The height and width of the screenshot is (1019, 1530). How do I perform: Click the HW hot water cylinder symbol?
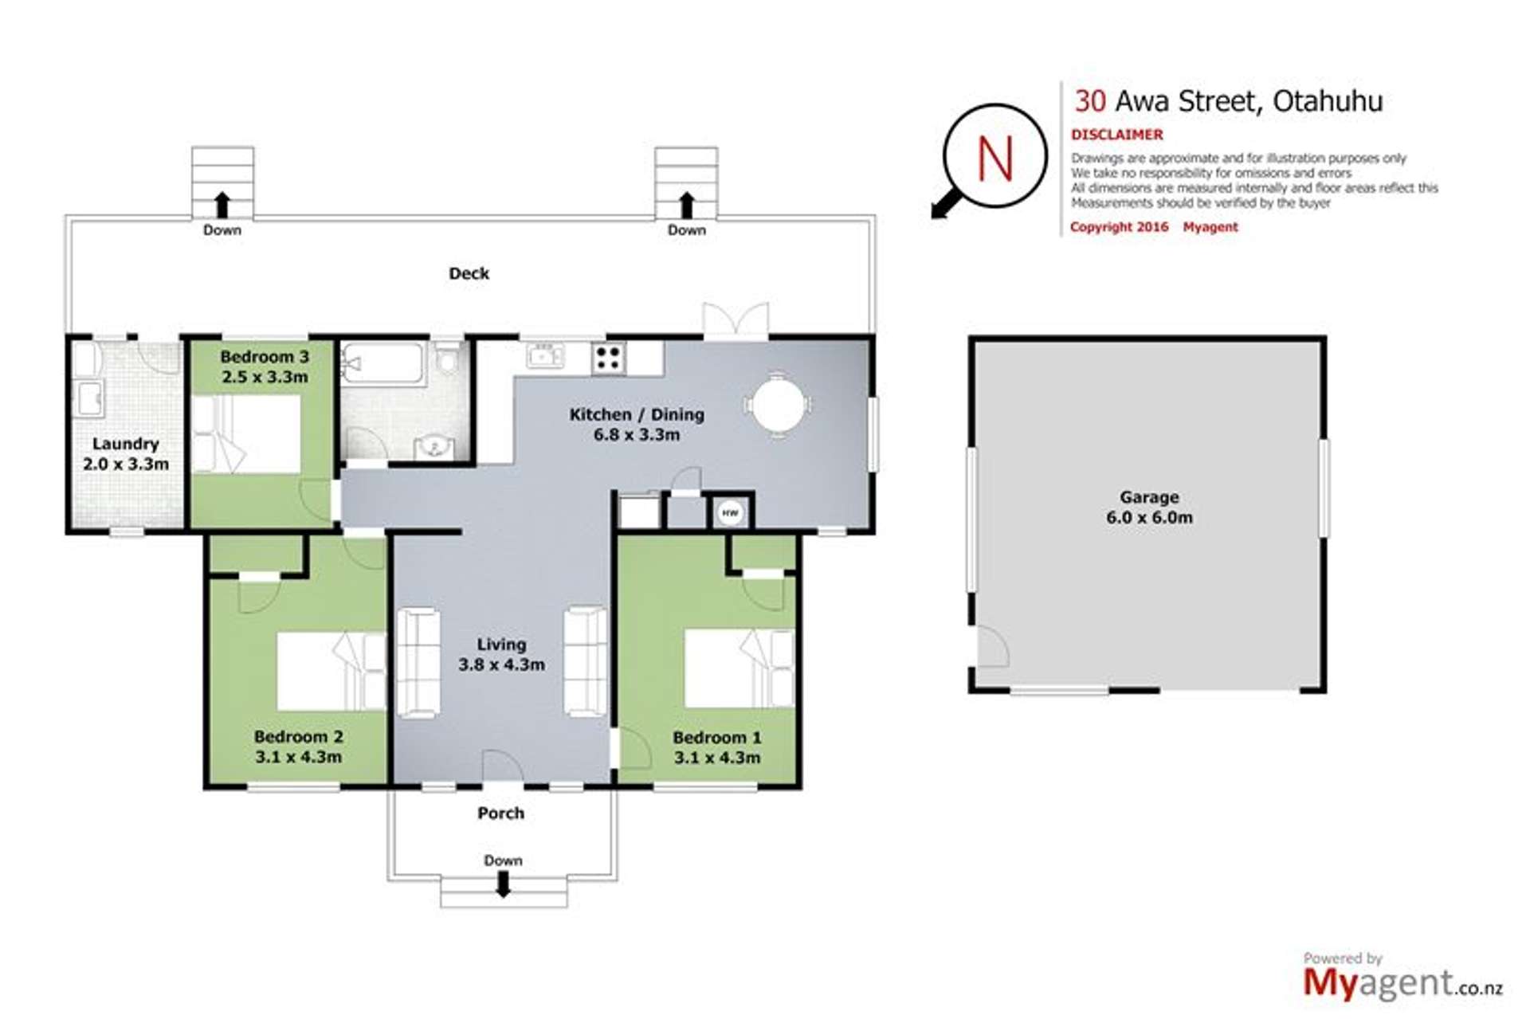click(730, 513)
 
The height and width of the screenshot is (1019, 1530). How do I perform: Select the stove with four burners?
click(609, 358)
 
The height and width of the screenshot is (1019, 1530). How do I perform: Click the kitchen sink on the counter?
click(545, 356)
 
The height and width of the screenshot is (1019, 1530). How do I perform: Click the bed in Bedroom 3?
click(246, 434)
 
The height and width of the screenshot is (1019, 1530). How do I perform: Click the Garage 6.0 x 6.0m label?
click(1148, 508)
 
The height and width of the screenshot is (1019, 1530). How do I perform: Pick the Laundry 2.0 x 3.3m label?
click(126, 454)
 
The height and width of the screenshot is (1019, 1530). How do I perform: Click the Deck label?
click(469, 273)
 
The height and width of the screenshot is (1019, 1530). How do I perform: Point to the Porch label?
click(500, 813)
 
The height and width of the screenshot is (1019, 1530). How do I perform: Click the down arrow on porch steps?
click(503, 884)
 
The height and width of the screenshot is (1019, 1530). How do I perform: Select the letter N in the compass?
click(994, 158)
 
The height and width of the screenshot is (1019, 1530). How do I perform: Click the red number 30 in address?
click(1089, 101)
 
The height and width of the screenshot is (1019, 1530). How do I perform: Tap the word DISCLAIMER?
click(1116, 135)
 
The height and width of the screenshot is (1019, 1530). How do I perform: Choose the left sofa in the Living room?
click(418, 663)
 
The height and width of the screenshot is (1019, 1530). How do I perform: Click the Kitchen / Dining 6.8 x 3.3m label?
click(636, 425)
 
